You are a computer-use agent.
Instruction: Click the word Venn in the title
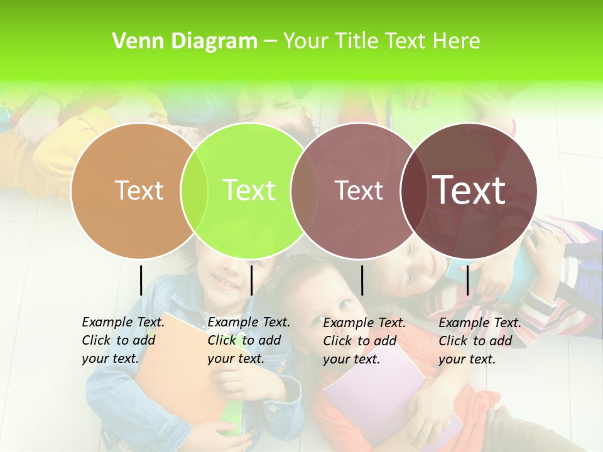133,41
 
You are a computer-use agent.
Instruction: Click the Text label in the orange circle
139,190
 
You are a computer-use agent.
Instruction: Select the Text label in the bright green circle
249,190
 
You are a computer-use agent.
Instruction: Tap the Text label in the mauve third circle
359,190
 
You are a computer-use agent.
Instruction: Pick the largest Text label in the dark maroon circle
469,190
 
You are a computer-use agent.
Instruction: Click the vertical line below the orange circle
141,280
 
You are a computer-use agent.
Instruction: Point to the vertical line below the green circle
251,280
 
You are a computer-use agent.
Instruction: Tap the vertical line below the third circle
362,280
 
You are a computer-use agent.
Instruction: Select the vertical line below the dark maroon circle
467,280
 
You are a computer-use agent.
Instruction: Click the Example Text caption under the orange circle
123,340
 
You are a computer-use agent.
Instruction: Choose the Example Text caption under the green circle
249,340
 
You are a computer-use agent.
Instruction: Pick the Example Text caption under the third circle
364,341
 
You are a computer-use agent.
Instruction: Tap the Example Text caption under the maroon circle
480,341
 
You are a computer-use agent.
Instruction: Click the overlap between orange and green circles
194,191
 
